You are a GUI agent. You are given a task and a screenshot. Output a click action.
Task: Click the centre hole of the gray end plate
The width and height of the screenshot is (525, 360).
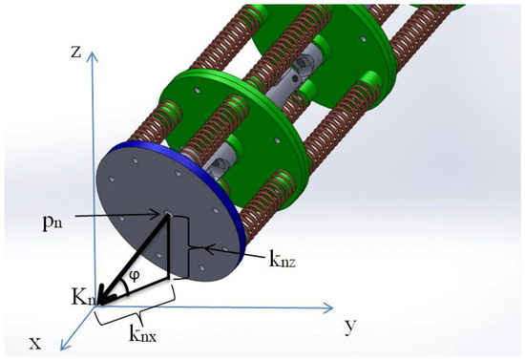click(x=168, y=216)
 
